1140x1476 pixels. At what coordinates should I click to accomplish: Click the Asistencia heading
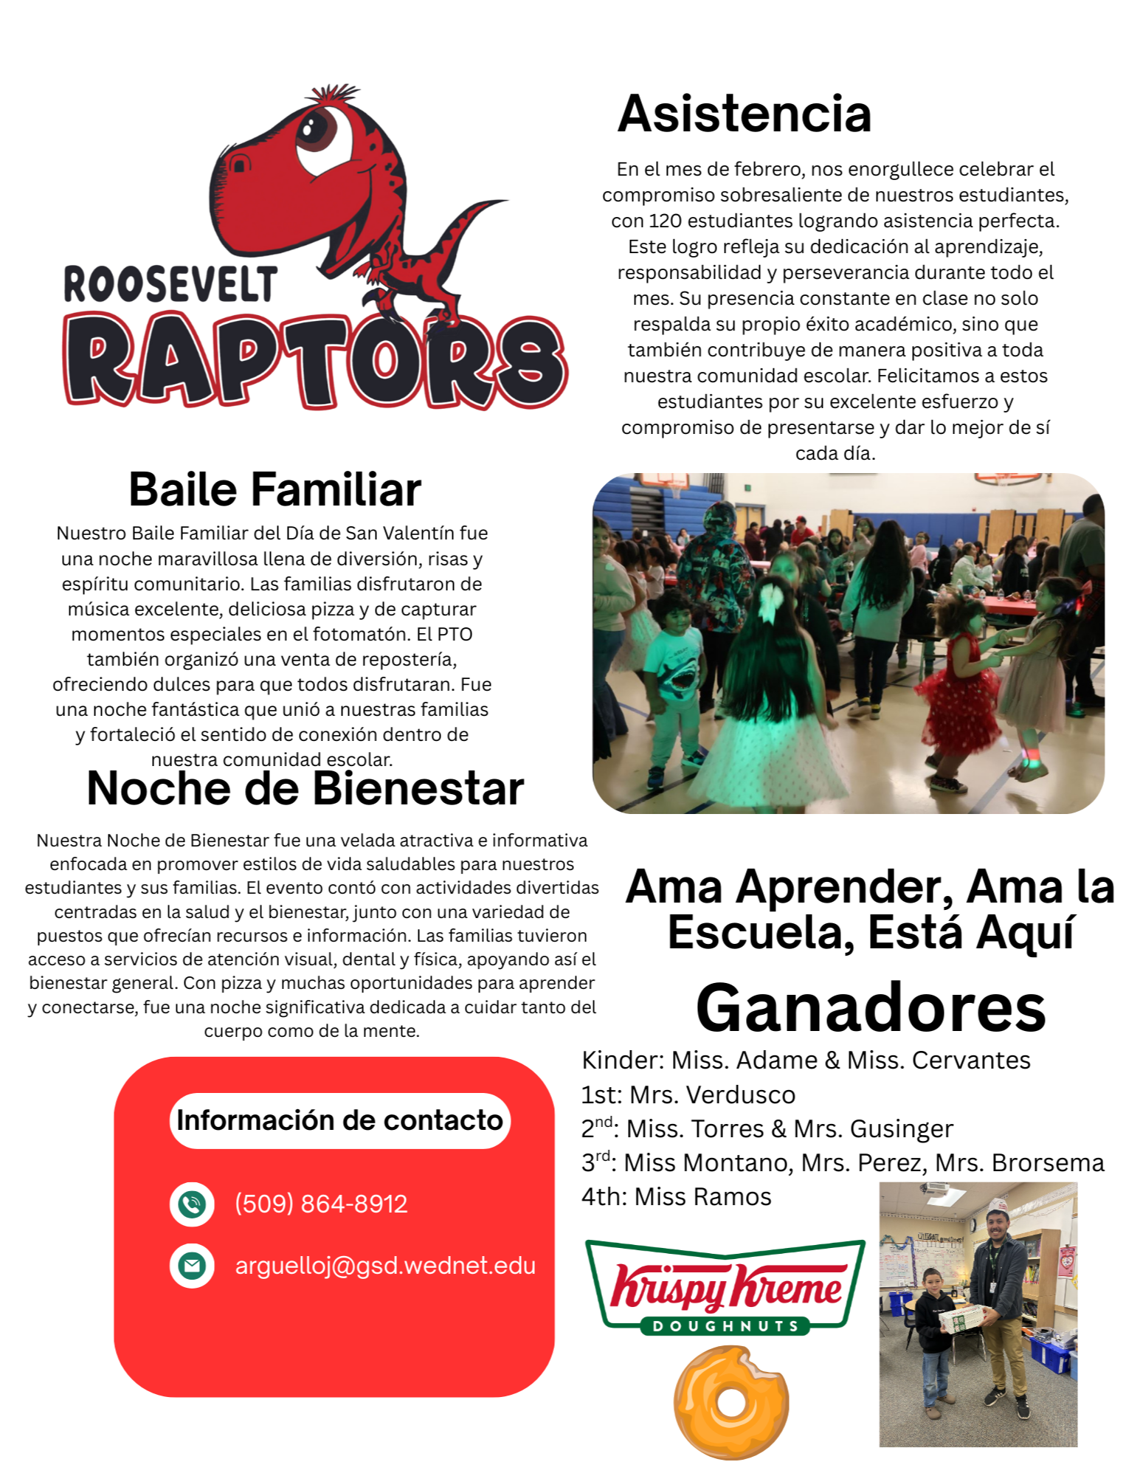(x=744, y=114)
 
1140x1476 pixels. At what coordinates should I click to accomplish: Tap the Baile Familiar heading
(x=274, y=489)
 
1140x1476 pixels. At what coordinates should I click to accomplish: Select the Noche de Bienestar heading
(x=305, y=788)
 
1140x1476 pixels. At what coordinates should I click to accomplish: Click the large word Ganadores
(x=871, y=1008)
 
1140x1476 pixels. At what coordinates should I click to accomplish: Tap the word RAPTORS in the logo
(x=315, y=360)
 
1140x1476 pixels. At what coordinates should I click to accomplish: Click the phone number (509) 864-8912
(x=321, y=1204)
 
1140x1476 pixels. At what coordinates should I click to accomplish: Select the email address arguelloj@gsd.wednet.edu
(x=385, y=1266)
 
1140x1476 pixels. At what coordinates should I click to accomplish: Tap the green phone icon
(x=192, y=1204)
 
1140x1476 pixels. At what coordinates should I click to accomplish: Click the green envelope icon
(x=192, y=1266)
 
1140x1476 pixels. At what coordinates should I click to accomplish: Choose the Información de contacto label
(x=339, y=1120)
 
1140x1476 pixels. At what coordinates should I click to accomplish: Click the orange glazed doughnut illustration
(x=730, y=1402)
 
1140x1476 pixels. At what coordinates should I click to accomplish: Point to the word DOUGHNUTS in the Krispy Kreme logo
(x=726, y=1326)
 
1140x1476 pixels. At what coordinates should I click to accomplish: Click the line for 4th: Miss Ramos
(x=676, y=1196)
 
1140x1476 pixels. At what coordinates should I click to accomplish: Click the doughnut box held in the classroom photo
(x=962, y=1318)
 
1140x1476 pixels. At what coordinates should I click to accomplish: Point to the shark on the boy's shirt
(x=677, y=672)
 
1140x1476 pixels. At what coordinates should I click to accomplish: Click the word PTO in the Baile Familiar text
(x=455, y=634)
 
